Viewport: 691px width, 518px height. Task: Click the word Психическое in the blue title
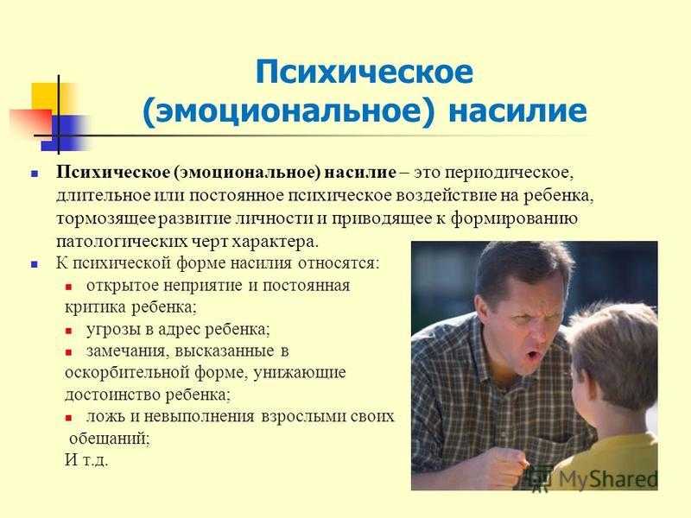click(364, 73)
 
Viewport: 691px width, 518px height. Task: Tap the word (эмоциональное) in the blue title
click(288, 111)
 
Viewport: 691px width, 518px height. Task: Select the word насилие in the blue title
click(517, 111)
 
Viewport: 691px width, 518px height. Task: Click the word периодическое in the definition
click(509, 173)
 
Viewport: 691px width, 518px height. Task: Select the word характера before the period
click(272, 242)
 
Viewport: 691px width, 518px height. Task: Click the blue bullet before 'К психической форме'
click(34, 265)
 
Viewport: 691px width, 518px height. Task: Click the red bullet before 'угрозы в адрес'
click(68, 331)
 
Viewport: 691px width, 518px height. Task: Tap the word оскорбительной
click(127, 372)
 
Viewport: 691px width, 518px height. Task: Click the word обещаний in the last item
click(110, 439)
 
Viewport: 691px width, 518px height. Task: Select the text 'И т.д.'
click(86, 460)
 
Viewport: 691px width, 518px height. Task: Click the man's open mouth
click(533, 353)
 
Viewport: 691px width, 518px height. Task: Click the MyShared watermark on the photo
click(596, 478)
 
